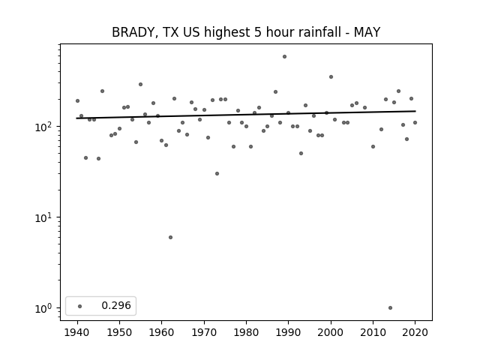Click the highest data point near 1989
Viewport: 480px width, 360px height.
click(284, 57)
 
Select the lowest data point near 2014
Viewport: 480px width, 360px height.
click(390, 308)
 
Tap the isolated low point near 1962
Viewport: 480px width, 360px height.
click(170, 238)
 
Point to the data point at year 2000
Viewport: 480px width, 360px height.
click(331, 76)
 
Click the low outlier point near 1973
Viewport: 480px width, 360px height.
click(217, 173)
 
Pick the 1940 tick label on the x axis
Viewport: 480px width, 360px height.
click(77, 332)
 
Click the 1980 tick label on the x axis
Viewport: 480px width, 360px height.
click(246, 332)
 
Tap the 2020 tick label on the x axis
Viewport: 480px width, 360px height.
click(415, 332)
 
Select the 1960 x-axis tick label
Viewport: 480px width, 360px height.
click(162, 332)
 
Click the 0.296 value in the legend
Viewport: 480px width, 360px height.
click(116, 305)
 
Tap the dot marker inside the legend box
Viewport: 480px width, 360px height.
click(80, 306)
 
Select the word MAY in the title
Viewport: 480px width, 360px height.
click(367, 32)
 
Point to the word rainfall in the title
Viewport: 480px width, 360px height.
click(319, 32)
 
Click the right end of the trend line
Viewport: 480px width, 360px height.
click(415, 111)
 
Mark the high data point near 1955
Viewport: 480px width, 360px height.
click(140, 85)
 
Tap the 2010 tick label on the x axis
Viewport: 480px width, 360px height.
click(373, 332)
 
